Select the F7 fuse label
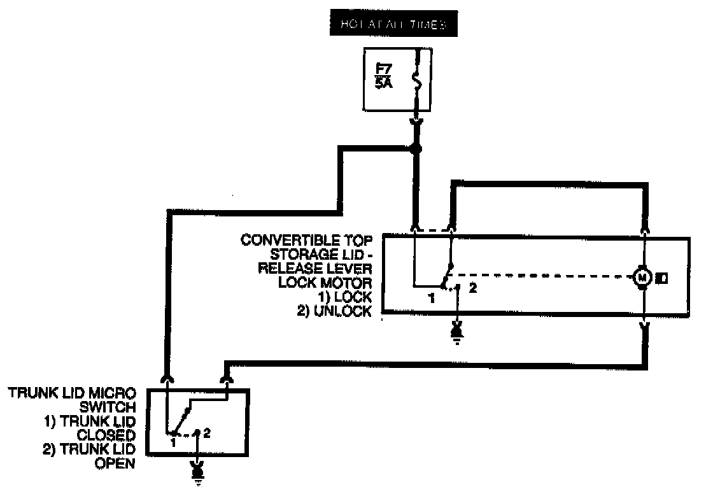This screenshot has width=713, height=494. tap(383, 68)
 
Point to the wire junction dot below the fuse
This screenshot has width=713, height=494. tap(416, 150)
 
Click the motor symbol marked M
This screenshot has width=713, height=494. tap(642, 277)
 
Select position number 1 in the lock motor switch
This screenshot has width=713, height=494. tap(432, 297)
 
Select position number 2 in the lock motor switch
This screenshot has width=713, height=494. tap(472, 288)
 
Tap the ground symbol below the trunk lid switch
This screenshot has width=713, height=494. tap(198, 471)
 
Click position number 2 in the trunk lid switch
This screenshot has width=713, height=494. tap(207, 432)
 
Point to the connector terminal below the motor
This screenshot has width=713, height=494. tap(645, 327)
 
